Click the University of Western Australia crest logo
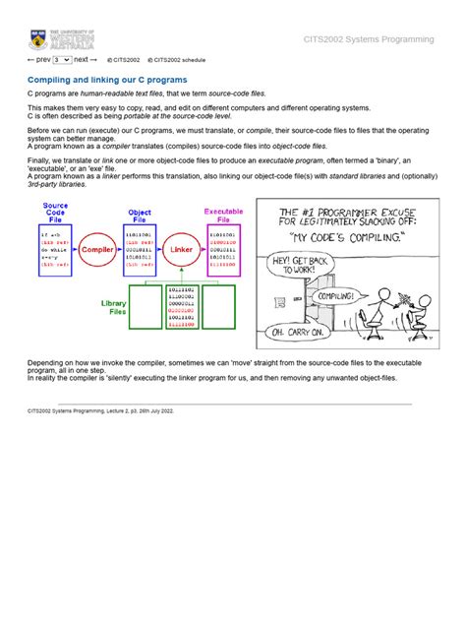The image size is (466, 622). tap(37, 40)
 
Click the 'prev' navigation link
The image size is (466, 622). tap(39, 59)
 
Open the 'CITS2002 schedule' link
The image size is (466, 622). tap(176, 60)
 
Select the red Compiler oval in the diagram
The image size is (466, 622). tap(96, 250)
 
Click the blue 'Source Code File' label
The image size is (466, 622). tap(55, 213)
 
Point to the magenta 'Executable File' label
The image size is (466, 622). tap(223, 216)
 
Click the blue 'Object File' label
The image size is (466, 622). tap(140, 216)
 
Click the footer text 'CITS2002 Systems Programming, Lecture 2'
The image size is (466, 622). tap(100, 411)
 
